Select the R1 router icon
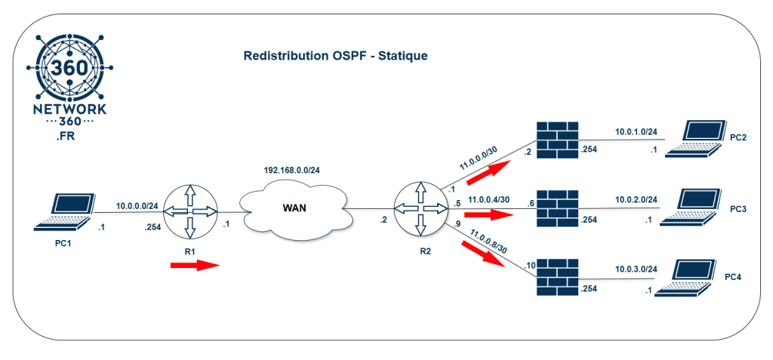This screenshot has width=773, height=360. coord(189,211)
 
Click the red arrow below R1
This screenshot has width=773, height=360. coord(194,265)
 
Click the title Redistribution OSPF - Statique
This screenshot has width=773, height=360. coord(336,57)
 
